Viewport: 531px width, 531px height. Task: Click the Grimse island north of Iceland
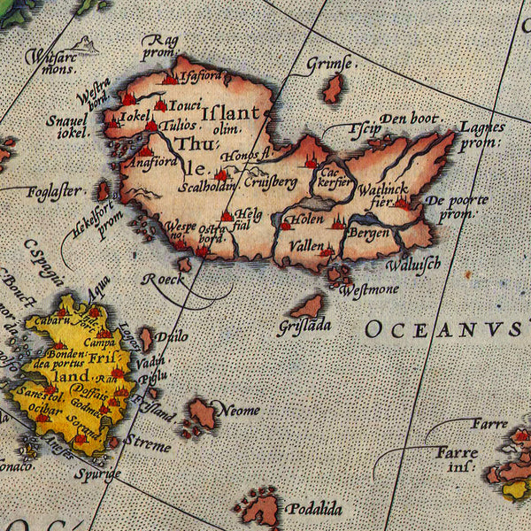[334, 88]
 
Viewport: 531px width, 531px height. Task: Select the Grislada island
[308, 307]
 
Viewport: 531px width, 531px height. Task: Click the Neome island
[203, 412]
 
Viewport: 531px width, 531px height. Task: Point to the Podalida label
[313, 510]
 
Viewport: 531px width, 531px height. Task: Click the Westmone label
[369, 289]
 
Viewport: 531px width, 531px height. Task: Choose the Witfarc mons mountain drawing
[85, 43]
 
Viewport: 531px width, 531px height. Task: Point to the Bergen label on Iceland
[368, 233]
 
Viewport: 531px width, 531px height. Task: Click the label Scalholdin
[206, 187]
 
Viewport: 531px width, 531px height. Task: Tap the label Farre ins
[457, 458]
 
